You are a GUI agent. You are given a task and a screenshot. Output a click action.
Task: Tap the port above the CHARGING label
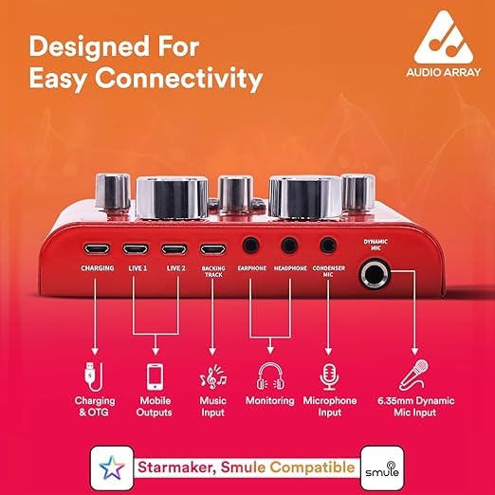[x=97, y=248]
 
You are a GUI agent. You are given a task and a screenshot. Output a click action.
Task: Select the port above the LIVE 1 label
[x=136, y=248]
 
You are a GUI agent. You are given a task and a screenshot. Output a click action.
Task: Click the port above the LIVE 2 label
[x=174, y=248]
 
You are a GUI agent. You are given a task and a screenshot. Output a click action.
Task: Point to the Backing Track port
[x=213, y=249]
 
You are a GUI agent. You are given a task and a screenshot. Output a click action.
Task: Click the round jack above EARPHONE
[x=251, y=245]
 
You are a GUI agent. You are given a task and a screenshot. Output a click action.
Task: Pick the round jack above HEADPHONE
[x=290, y=245]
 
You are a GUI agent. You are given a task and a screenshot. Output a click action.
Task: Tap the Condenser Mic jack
[x=328, y=245]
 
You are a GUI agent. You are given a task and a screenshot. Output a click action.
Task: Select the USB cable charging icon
[x=94, y=376]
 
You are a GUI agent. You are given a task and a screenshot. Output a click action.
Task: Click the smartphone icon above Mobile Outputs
[x=156, y=376]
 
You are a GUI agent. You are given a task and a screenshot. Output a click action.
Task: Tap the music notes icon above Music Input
[x=213, y=376]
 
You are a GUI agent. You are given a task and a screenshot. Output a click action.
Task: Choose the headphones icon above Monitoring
[x=270, y=376]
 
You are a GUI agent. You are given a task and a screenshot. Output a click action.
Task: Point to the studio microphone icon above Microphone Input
[x=329, y=376]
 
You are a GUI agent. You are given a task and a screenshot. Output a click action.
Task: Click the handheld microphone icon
[x=413, y=376]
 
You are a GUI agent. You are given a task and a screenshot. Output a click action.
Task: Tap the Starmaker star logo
[x=112, y=467]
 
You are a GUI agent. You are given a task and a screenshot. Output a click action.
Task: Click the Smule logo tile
[x=382, y=467]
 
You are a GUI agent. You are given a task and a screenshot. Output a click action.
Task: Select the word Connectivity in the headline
[x=179, y=78]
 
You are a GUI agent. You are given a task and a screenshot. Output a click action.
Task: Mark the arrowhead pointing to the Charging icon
[x=95, y=352]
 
